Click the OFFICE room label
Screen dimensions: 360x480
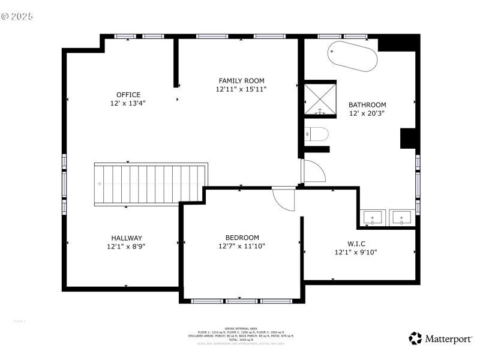point(128,95)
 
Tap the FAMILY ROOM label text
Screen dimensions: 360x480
point(241,81)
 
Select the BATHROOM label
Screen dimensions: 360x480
point(367,105)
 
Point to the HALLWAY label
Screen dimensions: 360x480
point(126,238)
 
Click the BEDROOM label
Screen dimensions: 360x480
point(242,238)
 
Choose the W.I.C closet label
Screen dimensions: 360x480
point(356,244)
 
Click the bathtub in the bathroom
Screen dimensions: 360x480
point(353,56)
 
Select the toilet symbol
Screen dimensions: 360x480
point(316,134)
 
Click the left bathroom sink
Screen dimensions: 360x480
point(373,217)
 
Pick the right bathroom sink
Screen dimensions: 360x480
point(401,217)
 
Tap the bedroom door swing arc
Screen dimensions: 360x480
point(284,199)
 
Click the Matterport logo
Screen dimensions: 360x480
point(440,339)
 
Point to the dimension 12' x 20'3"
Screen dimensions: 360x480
point(367,113)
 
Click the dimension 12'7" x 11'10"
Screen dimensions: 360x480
point(241,246)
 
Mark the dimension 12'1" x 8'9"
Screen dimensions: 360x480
point(126,247)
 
